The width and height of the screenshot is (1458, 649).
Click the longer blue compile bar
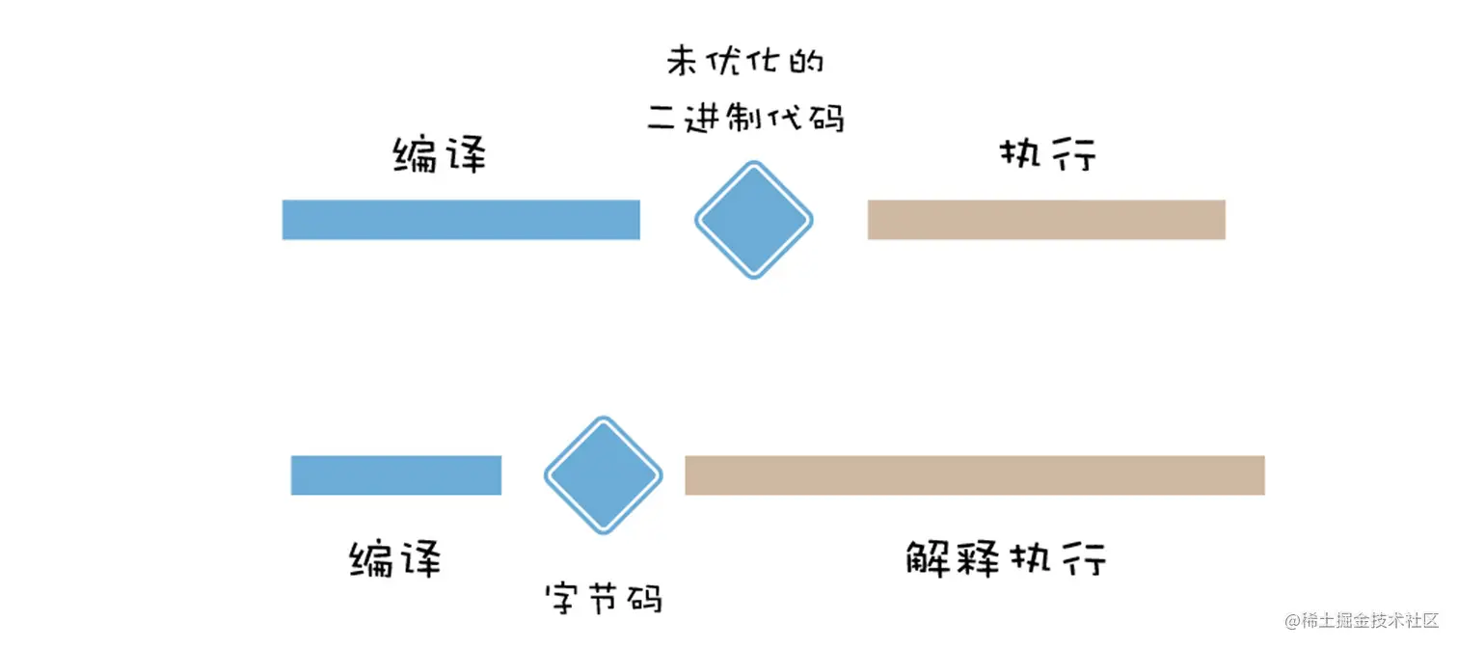coord(461,220)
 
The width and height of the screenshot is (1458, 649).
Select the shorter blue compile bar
coord(396,475)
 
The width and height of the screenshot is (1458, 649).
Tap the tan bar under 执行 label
coord(1046,220)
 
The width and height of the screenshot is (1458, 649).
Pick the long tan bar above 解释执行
coord(975,475)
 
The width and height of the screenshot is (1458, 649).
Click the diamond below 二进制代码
coord(754,220)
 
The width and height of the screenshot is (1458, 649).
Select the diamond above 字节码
coord(604,475)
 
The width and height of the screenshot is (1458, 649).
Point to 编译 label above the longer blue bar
coord(440,155)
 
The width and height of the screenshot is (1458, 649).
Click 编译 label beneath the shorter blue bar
coord(395,558)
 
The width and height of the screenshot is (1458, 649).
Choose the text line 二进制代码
coord(745,118)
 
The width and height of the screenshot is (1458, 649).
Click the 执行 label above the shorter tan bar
coord(1048,154)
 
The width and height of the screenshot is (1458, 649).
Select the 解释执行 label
coord(1006,558)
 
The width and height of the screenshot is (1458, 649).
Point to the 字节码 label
coord(604,599)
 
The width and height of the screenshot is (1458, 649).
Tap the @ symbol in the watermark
coord(1292,622)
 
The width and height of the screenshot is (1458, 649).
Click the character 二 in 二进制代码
coord(662,118)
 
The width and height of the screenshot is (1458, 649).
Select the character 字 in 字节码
coord(564,599)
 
